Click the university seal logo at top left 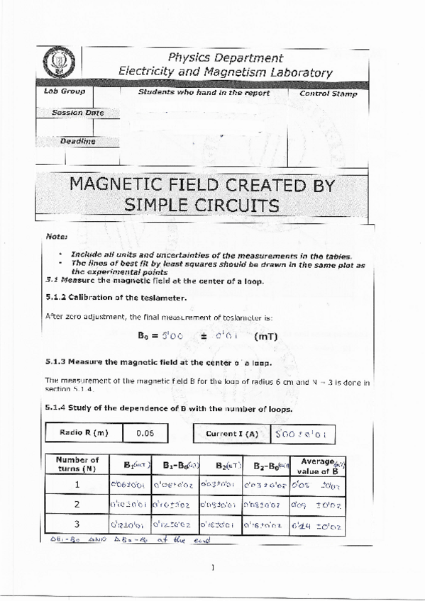coord(54,64)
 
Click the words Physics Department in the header coord(226,57)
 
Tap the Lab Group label coord(65,91)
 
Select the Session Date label coord(77,113)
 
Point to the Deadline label coord(77,141)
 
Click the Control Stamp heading coord(329,94)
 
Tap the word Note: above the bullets coord(56,236)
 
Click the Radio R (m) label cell coord(83,432)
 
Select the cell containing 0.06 coord(145,432)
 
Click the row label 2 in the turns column coord(77,505)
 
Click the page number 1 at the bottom coord(213,567)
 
